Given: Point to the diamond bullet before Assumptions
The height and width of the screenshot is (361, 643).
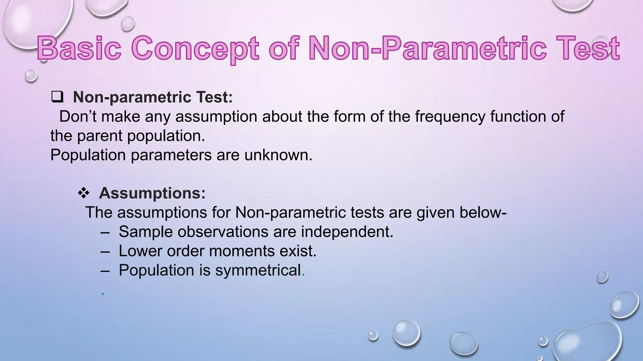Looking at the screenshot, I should tap(84, 193).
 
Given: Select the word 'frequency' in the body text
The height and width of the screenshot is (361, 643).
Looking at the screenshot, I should tap(450, 117).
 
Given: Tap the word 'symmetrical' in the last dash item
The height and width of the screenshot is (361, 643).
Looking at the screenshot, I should tap(258, 270).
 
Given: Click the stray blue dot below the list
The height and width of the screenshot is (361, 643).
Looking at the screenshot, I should tap(103, 294).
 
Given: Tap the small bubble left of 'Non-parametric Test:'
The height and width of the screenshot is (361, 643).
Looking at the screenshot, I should tap(31, 76).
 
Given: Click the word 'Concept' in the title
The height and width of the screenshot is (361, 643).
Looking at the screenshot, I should tap(195, 48).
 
